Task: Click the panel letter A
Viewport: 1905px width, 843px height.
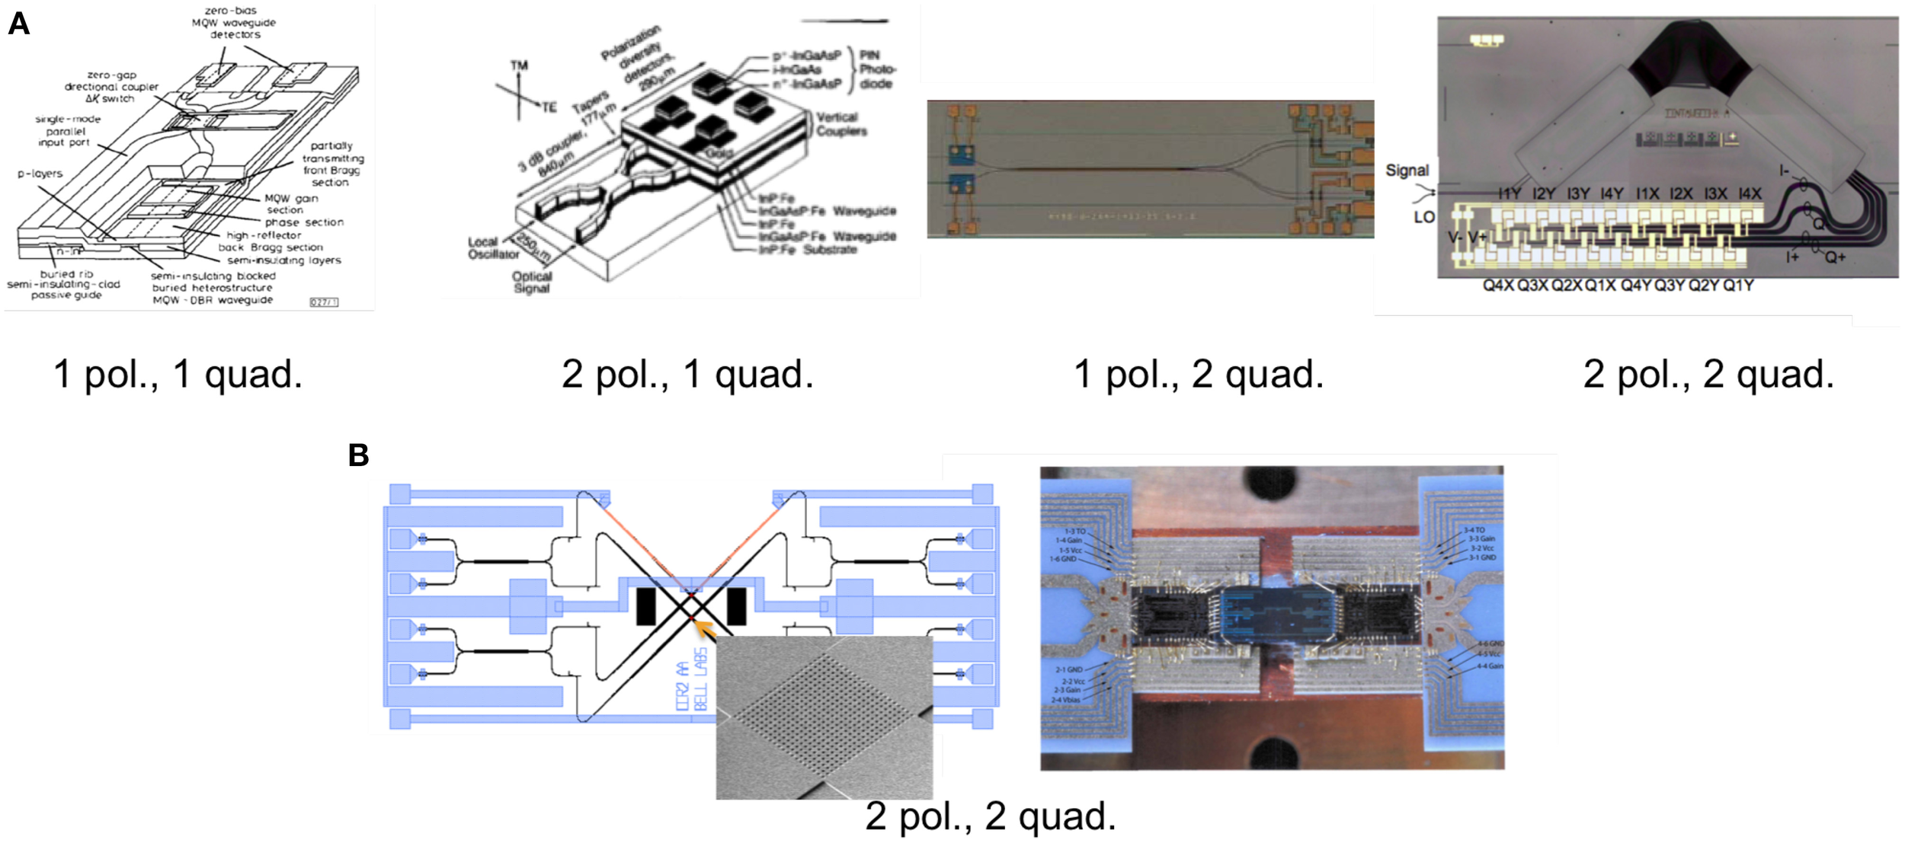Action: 18,24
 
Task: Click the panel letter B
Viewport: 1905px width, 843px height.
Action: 358,455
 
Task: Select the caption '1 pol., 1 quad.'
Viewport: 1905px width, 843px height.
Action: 178,375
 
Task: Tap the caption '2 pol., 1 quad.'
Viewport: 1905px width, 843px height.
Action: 687,375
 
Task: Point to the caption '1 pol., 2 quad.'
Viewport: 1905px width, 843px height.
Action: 1199,375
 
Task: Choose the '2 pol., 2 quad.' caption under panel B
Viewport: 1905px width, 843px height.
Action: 990,816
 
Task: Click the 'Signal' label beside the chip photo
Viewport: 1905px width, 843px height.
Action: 1407,171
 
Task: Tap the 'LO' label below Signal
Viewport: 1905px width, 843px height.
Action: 1424,217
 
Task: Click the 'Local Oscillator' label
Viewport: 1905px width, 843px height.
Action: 493,247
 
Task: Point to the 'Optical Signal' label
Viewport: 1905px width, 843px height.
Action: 532,282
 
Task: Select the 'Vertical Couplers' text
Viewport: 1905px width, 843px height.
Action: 840,124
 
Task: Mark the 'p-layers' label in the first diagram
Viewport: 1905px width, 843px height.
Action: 40,174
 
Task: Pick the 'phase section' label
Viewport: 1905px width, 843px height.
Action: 304,222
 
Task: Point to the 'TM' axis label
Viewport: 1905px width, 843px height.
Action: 519,66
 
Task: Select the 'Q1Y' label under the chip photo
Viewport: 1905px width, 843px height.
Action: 1738,286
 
